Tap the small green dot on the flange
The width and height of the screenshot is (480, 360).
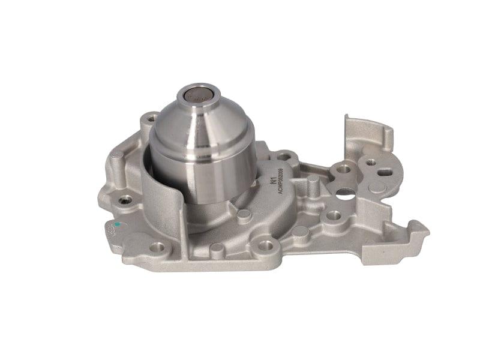pyautogui.click(x=117, y=224)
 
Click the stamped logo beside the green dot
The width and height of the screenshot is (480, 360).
pyautogui.click(x=112, y=230)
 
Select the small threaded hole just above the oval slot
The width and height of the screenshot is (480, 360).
pyautogui.click(x=371, y=162)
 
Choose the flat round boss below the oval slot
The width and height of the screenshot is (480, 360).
pyautogui.click(x=377, y=187)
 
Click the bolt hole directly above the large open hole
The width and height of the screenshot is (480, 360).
pyautogui.click(x=343, y=169)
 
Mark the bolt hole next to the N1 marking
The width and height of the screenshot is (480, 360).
pyautogui.click(x=284, y=158)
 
